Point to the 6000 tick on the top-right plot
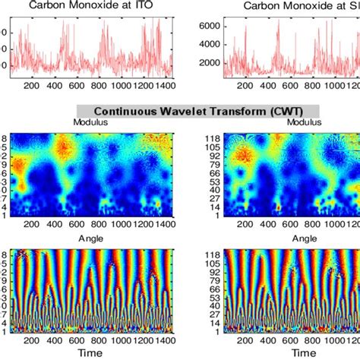tap(207, 26)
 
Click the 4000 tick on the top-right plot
tap(207, 46)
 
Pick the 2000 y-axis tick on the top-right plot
tap(207, 65)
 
